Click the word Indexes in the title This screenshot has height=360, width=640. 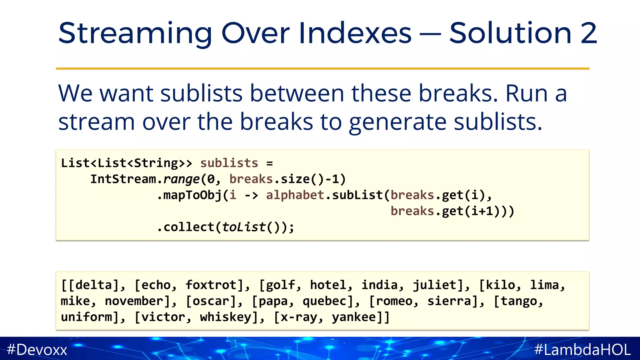click(x=355, y=33)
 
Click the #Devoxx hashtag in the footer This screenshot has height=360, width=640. click(x=37, y=349)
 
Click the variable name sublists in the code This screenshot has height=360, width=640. click(x=229, y=163)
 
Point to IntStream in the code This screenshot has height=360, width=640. click(x=123, y=179)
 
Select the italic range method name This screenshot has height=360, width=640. click(x=181, y=179)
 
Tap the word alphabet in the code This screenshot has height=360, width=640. click(x=295, y=195)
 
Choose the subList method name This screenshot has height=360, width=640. click(x=357, y=195)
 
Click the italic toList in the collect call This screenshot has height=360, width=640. click(x=243, y=227)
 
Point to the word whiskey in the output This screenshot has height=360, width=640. click(x=226, y=317)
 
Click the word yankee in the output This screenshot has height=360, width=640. click(x=354, y=317)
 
